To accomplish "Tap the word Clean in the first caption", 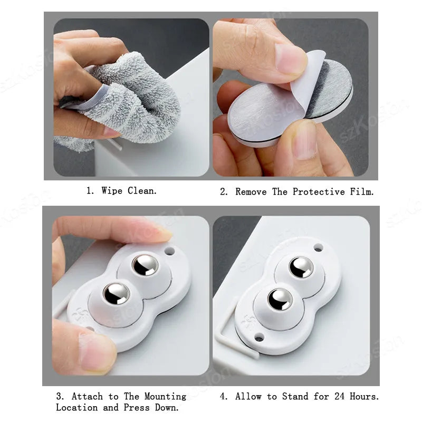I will [x=142, y=191].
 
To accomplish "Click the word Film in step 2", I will [x=361, y=192].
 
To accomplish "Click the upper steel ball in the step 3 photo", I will [x=145, y=264].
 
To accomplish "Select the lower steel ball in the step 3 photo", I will [x=117, y=293].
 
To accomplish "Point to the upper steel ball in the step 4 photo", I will [x=301, y=267].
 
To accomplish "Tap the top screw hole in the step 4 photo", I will [x=318, y=247].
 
